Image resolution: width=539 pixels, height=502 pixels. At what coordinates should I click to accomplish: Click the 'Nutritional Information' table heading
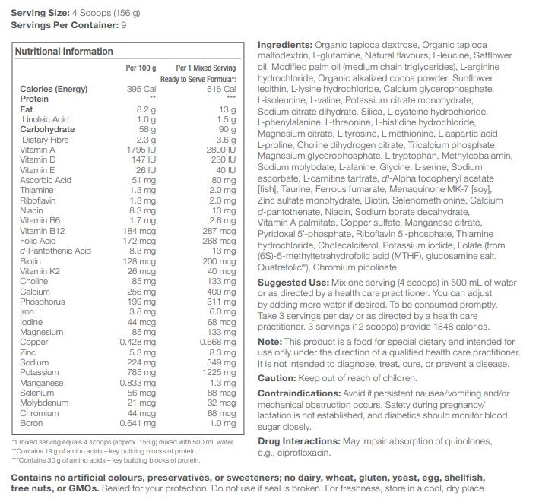click(65, 52)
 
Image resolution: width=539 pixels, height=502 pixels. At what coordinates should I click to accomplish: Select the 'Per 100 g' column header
click(141, 68)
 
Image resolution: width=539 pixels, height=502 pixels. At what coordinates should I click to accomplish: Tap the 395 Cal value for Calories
click(143, 89)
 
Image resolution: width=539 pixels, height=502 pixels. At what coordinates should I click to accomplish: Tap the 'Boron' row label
click(32, 424)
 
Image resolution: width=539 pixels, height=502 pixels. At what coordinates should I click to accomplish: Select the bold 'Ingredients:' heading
click(284, 45)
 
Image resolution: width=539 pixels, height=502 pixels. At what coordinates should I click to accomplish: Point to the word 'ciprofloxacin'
click(305, 453)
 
